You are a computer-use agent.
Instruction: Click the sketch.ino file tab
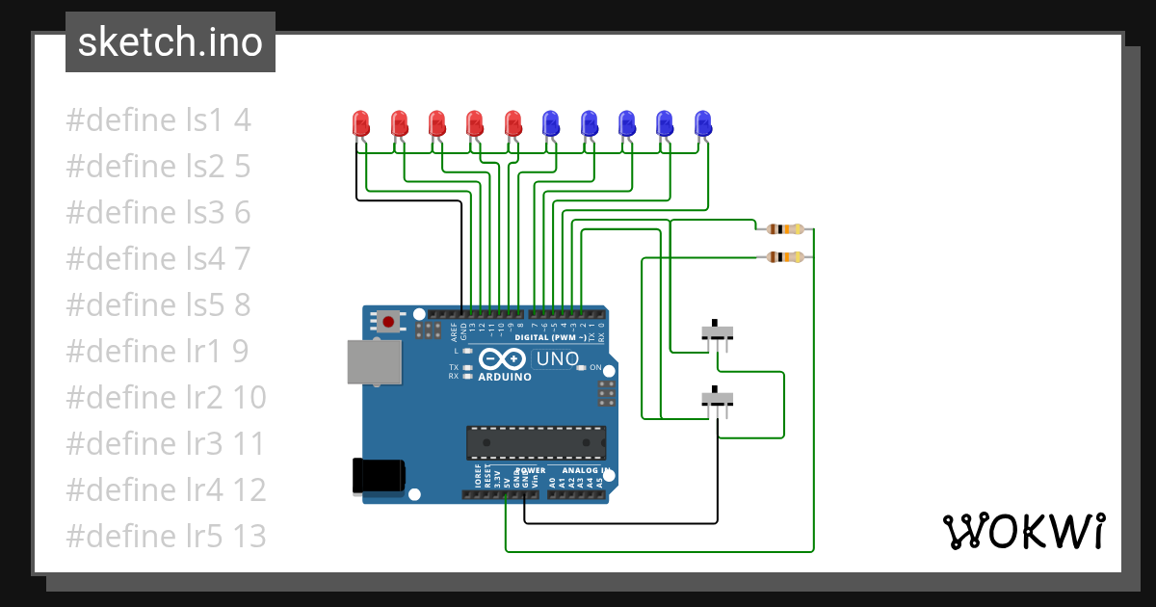(171, 42)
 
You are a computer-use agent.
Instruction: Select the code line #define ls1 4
(158, 120)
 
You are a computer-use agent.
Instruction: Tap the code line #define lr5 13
(166, 536)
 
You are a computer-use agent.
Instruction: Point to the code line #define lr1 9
(157, 351)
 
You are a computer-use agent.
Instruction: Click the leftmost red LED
(361, 123)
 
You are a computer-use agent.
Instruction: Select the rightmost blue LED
(703, 123)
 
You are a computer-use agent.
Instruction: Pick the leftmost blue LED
(551, 123)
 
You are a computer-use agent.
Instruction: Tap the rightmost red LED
(513, 123)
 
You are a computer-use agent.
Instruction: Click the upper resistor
(785, 229)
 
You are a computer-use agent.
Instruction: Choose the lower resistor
(785, 257)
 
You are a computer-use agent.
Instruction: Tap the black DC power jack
(378, 476)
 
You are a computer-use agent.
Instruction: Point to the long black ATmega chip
(537, 442)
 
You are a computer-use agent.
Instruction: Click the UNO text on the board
(557, 359)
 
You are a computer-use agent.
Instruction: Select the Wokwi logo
(1023, 531)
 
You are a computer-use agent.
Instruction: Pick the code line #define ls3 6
(158, 212)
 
